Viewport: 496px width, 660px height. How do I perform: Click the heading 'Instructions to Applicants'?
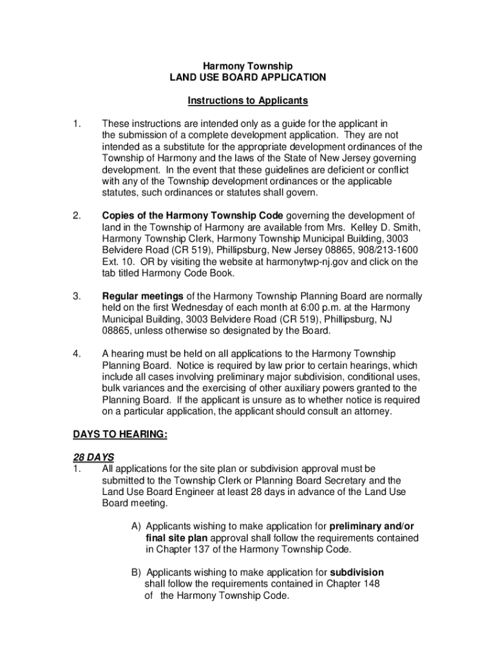coord(247,101)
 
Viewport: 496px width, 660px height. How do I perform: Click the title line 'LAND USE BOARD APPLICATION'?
coord(247,77)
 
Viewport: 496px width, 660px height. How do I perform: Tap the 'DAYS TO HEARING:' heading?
coord(120,435)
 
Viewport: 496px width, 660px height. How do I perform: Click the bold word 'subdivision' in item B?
coord(357,572)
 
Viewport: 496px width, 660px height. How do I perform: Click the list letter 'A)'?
coord(137,526)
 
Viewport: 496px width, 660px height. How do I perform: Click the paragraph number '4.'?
coord(77,354)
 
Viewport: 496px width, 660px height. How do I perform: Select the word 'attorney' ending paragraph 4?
coord(372,411)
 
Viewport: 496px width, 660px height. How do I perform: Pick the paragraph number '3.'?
coord(77,296)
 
